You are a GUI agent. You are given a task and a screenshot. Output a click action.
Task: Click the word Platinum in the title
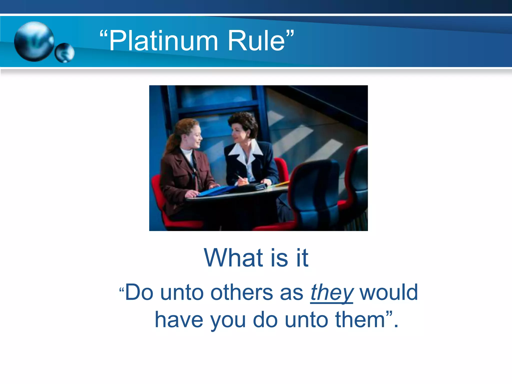[x=164, y=40]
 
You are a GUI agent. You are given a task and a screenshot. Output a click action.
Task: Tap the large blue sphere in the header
[x=34, y=41]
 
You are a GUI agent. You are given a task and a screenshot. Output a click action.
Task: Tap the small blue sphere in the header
[x=64, y=52]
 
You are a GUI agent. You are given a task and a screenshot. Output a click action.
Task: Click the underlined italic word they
[x=331, y=292]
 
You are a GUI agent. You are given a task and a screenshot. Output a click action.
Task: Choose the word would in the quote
[x=388, y=292]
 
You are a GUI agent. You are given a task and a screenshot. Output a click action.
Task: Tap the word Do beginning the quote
[x=139, y=292]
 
